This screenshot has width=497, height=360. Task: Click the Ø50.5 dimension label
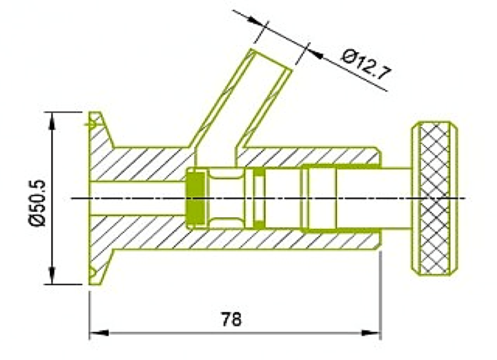[x=36, y=198]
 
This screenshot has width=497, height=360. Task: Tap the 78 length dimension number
[x=232, y=318]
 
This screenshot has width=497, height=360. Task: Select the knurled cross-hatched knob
[x=433, y=198]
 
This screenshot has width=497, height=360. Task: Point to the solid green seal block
[x=196, y=198]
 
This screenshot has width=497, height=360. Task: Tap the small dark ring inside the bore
[x=259, y=199]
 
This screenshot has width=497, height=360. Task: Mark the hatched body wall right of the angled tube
[x=308, y=155]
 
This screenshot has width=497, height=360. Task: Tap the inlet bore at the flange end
[x=137, y=198]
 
